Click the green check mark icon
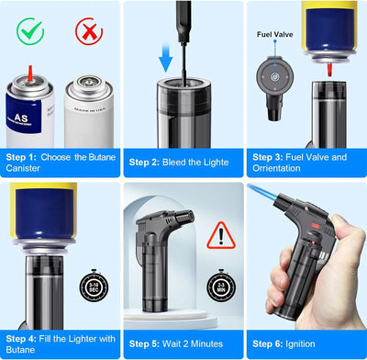[30, 32]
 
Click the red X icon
[89, 32]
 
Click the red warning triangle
[220, 235]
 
